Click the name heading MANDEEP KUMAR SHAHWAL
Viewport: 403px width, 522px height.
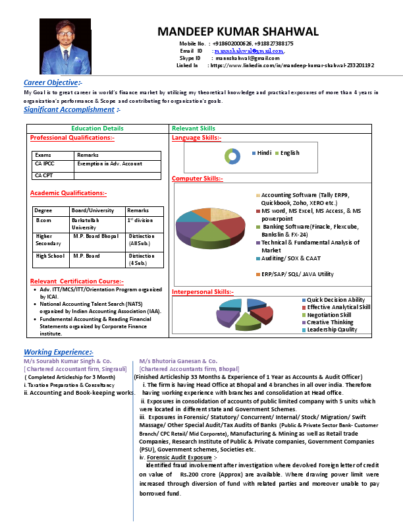click(x=238, y=32)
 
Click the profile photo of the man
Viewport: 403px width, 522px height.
click(x=65, y=45)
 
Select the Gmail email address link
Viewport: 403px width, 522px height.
click(x=248, y=51)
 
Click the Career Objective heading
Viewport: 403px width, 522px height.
click(x=53, y=82)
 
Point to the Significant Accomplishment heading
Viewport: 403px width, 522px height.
click(x=72, y=109)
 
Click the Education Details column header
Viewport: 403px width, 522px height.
click(x=97, y=129)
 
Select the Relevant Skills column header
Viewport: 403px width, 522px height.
click(x=193, y=129)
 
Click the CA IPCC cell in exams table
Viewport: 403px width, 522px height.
click(x=45, y=163)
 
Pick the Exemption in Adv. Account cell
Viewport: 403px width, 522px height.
click(x=109, y=163)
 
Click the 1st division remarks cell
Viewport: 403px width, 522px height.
click(x=139, y=220)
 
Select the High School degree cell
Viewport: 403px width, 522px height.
click(x=50, y=256)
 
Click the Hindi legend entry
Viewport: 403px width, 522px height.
click(x=264, y=153)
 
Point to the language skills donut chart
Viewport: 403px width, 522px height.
click(x=231, y=156)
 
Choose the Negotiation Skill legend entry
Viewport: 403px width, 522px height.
click(x=329, y=315)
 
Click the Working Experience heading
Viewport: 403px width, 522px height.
click(x=58, y=352)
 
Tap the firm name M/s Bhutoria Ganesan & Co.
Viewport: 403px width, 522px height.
click(x=178, y=361)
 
